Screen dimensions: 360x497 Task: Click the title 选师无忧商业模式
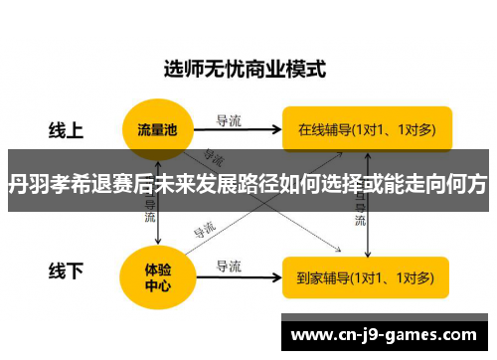click(245, 70)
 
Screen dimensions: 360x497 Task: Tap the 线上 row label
click(67, 129)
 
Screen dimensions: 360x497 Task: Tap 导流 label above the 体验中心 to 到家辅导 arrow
click(229, 266)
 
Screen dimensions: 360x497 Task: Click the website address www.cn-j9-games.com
click(388, 335)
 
